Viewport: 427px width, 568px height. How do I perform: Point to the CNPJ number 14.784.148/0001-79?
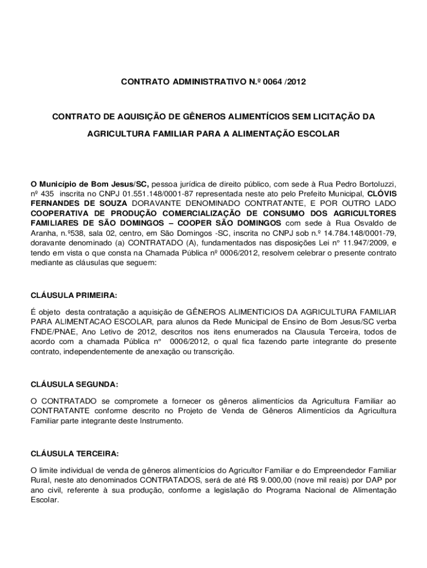(359, 233)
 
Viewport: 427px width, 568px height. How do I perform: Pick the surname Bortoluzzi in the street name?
(372, 184)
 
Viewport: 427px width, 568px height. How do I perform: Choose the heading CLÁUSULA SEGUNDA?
(74, 384)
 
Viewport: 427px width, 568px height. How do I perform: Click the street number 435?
(48, 194)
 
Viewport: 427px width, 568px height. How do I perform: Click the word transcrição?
(215, 352)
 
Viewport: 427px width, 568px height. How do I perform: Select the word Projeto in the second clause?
(192, 411)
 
